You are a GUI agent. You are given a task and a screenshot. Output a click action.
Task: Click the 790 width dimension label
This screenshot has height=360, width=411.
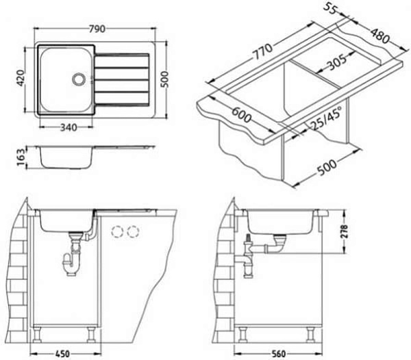(97, 29)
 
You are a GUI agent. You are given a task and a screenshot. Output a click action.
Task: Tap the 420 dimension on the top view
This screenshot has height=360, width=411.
(20, 78)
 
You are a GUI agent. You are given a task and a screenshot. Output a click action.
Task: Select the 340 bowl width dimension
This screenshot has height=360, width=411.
(68, 127)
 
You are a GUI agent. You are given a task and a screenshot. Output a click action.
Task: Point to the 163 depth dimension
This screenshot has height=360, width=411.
(21, 157)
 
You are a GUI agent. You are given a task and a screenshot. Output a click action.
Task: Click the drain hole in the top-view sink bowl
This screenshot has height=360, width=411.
(78, 79)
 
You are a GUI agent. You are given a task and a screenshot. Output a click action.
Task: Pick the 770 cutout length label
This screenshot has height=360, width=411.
(262, 52)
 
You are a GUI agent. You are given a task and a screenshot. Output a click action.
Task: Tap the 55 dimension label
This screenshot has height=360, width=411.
(330, 10)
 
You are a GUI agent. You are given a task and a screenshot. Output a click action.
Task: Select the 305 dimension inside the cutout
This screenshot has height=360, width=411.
(337, 62)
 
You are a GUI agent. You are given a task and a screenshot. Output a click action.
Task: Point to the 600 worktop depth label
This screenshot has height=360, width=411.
(241, 115)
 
